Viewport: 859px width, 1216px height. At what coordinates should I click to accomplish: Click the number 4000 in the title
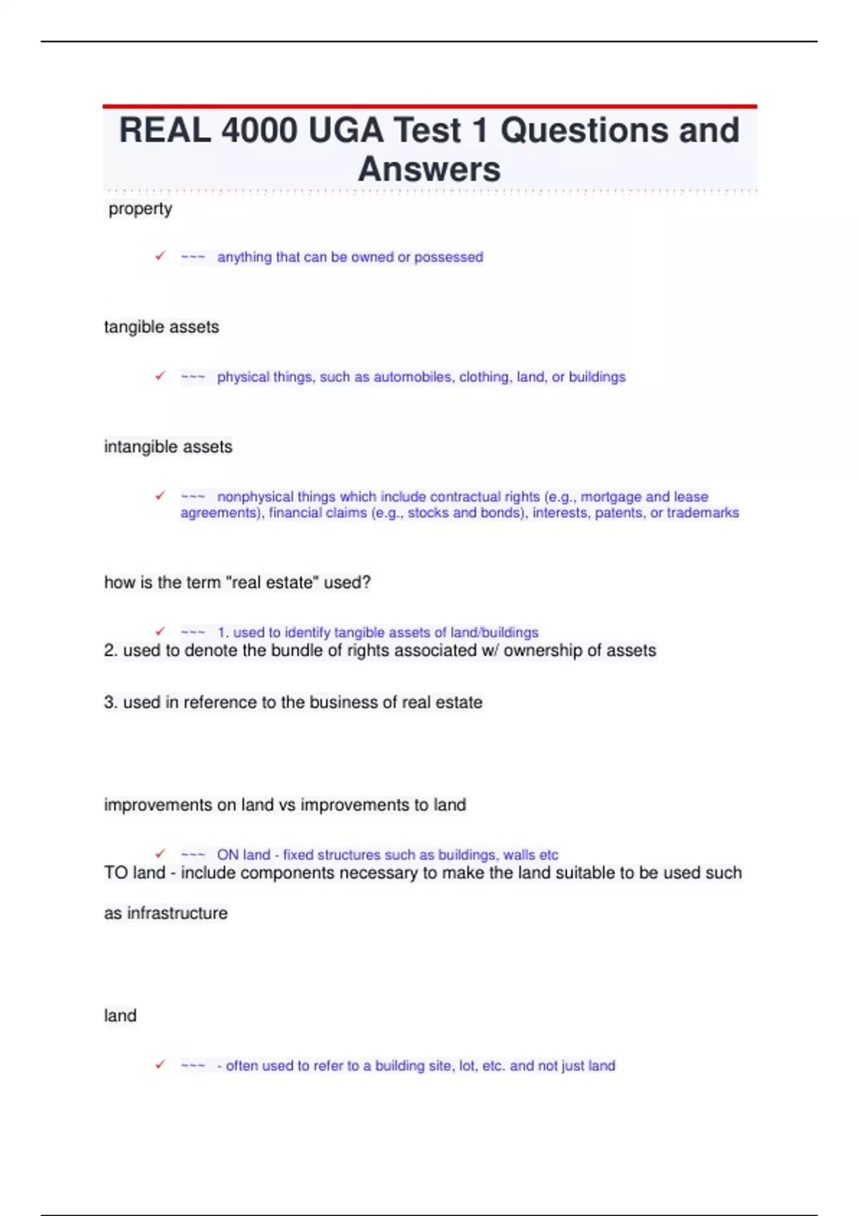259,131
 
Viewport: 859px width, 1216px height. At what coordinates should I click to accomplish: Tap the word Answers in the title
429,170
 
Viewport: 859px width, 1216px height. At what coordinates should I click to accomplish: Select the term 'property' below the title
140,209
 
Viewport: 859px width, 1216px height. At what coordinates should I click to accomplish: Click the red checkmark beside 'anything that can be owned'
160,256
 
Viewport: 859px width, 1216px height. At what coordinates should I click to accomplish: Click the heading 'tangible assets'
162,327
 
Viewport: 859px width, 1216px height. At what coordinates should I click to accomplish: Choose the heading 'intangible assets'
168,447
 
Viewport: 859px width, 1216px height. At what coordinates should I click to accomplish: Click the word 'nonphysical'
255,496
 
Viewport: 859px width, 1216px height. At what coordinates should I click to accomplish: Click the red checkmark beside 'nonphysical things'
160,496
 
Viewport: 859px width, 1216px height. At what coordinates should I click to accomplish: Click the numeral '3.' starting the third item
111,702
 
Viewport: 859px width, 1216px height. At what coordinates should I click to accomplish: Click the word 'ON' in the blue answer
228,855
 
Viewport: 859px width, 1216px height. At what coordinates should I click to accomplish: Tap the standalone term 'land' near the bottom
120,1016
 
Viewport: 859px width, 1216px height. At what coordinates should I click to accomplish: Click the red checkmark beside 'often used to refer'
160,1065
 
